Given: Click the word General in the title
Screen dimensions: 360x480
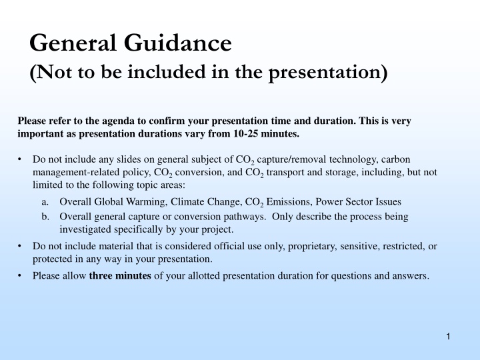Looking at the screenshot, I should tap(71, 44).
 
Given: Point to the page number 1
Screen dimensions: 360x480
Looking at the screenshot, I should tap(449, 337).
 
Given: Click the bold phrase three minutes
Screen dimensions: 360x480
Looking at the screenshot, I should tap(120, 275).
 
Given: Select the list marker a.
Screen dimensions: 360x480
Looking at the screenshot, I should tap(45, 201).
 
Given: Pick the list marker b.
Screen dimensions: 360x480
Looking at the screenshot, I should tap(45, 217).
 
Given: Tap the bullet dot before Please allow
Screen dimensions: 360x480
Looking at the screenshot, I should tap(21, 275).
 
